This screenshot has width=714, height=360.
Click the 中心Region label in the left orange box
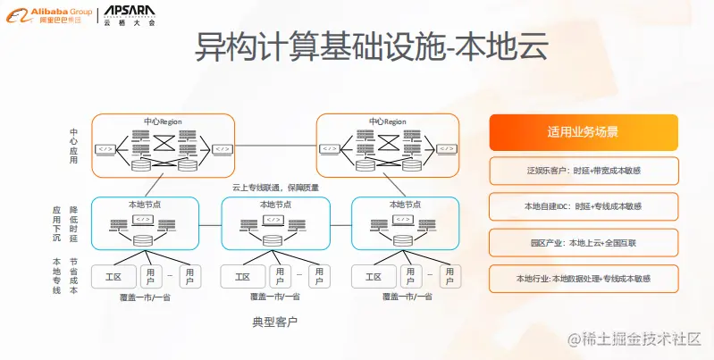(x=163, y=121)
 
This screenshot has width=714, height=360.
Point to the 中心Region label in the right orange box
(x=387, y=121)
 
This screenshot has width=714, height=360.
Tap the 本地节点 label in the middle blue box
(x=275, y=205)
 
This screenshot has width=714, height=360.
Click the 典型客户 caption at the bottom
(x=275, y=320)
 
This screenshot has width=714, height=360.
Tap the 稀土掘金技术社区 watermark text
(x=639, y=340)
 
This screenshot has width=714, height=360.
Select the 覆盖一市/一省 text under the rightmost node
(x=406, y=297)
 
